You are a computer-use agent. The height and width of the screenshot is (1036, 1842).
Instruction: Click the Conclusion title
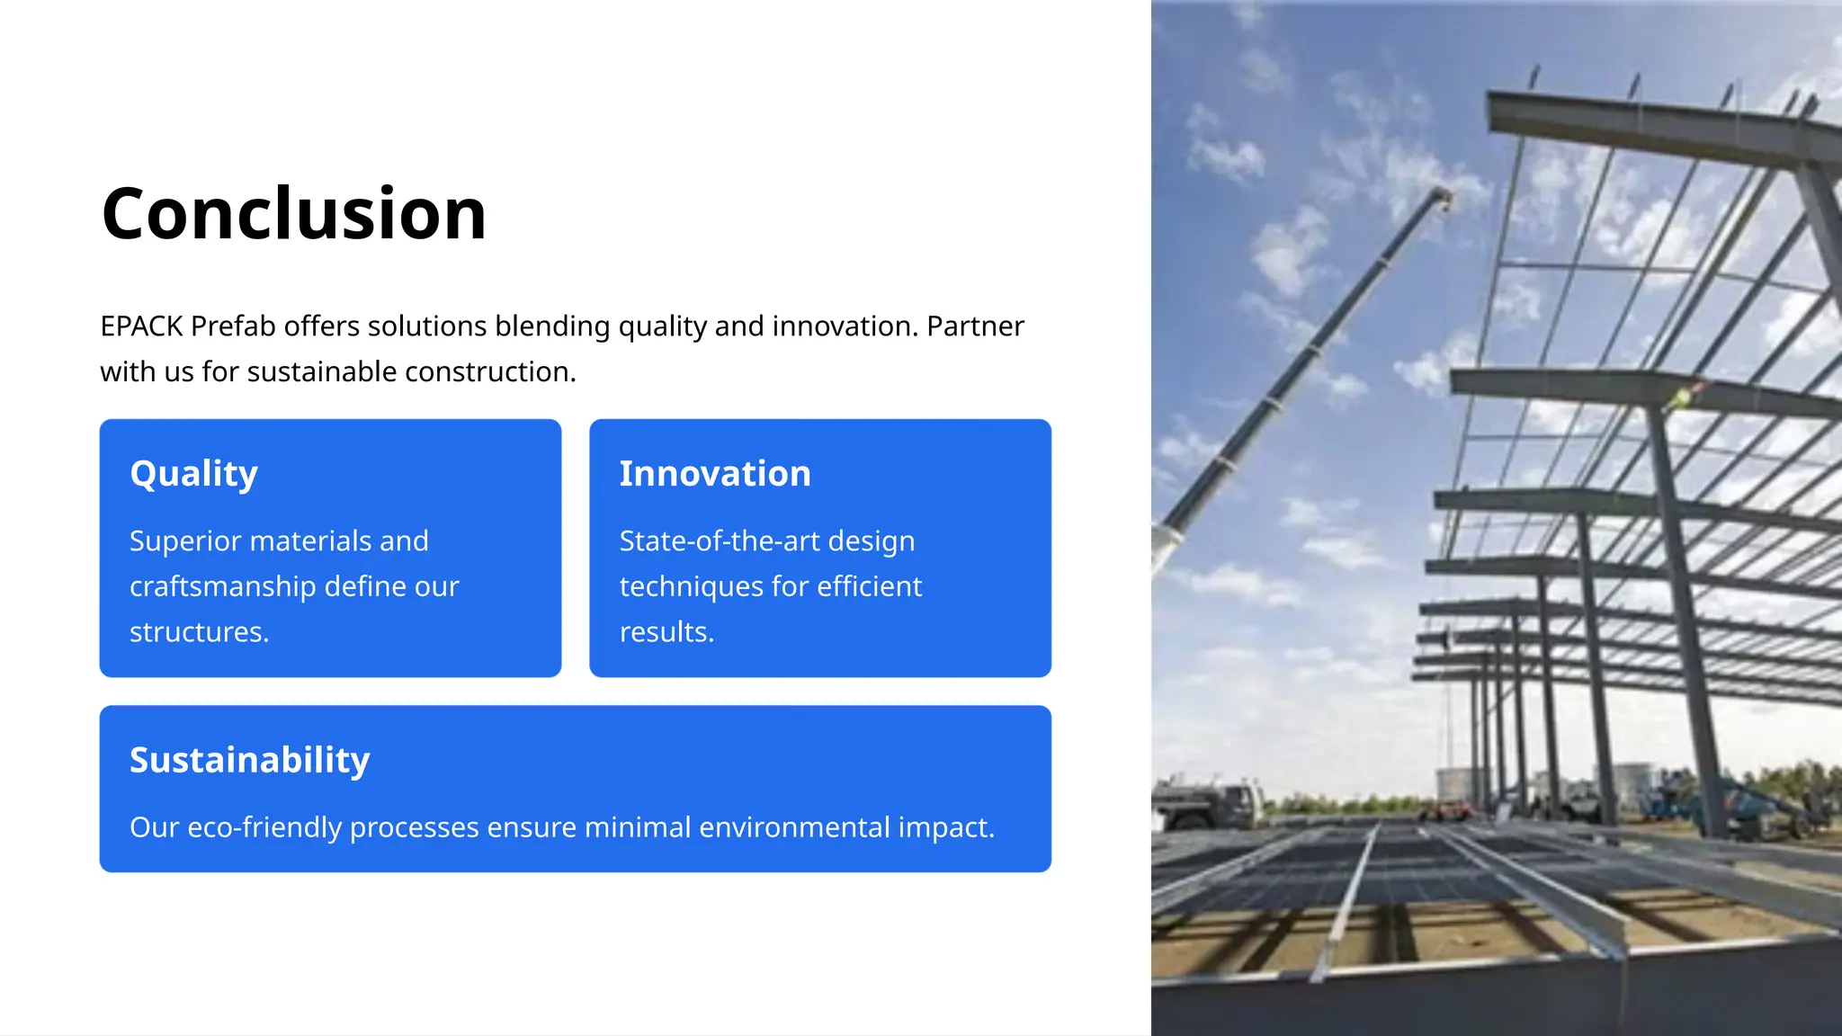294,214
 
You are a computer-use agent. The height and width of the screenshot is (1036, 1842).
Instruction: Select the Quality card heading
194,474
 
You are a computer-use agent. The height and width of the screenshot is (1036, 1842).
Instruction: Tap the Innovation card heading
715,474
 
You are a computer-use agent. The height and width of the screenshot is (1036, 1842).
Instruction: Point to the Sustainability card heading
250,760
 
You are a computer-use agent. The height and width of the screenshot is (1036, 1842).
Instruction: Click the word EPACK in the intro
142,326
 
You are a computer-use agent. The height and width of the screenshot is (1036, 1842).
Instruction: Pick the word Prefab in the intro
233,326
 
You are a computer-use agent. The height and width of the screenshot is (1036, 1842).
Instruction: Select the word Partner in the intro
976,326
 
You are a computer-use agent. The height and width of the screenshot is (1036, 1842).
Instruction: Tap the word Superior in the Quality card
186,540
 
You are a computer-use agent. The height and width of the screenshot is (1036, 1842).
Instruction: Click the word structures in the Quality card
197,632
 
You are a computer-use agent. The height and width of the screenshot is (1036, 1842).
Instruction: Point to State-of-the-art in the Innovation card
720,540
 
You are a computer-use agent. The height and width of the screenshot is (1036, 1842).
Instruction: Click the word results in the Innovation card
665,632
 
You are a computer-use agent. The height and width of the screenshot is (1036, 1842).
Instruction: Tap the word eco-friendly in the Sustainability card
264,827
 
